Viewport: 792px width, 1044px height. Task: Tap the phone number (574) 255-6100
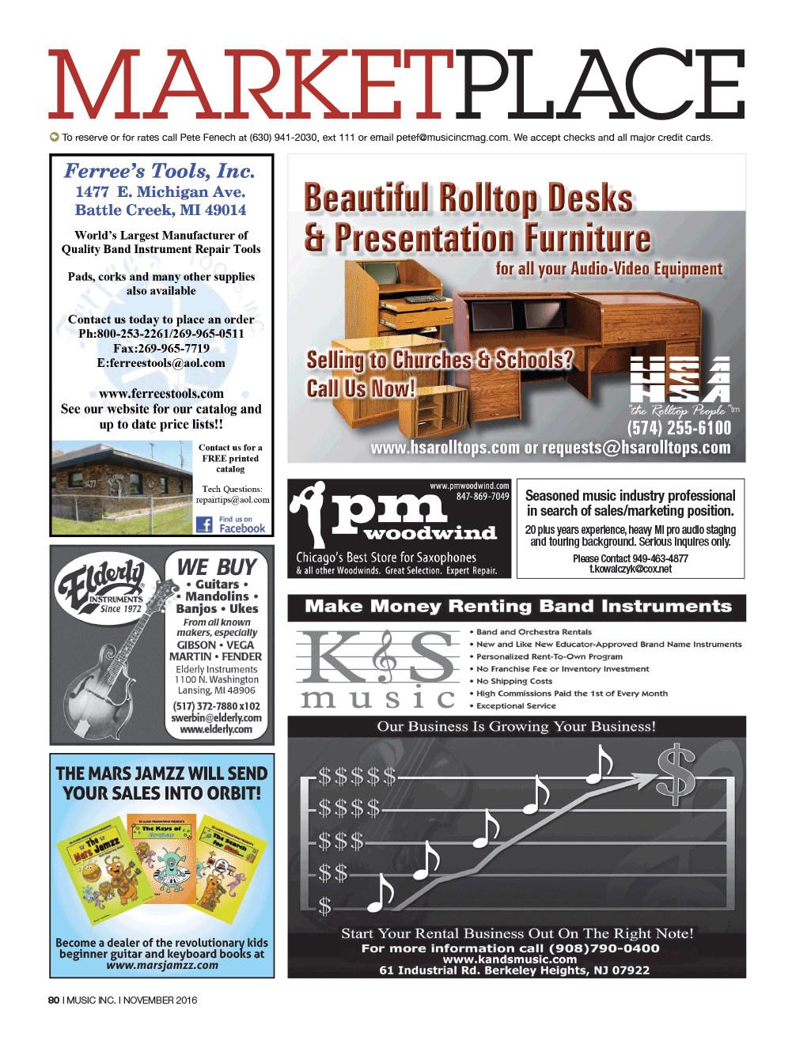point(679,428)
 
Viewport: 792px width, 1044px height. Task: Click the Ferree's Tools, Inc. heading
point(160,171)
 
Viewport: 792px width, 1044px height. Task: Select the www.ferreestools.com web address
point(161,393)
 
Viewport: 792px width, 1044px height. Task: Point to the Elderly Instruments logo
point(101,586)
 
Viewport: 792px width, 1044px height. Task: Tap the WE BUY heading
point(217,566)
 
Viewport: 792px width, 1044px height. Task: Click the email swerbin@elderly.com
point(216,718)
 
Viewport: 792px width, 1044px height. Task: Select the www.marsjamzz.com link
point(162,965)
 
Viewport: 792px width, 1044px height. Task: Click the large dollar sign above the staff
point(676,773)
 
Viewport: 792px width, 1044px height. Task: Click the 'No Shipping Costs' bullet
point(513,681)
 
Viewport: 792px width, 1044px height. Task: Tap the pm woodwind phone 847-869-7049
point(483,497)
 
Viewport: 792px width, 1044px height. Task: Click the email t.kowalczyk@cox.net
point(630,569)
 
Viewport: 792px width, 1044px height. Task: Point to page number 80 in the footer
point(54,1000)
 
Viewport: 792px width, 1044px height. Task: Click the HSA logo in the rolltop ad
point(680,380)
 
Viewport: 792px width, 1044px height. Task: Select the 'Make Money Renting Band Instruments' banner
point(517,607)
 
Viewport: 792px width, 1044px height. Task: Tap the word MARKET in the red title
point(252,85)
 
